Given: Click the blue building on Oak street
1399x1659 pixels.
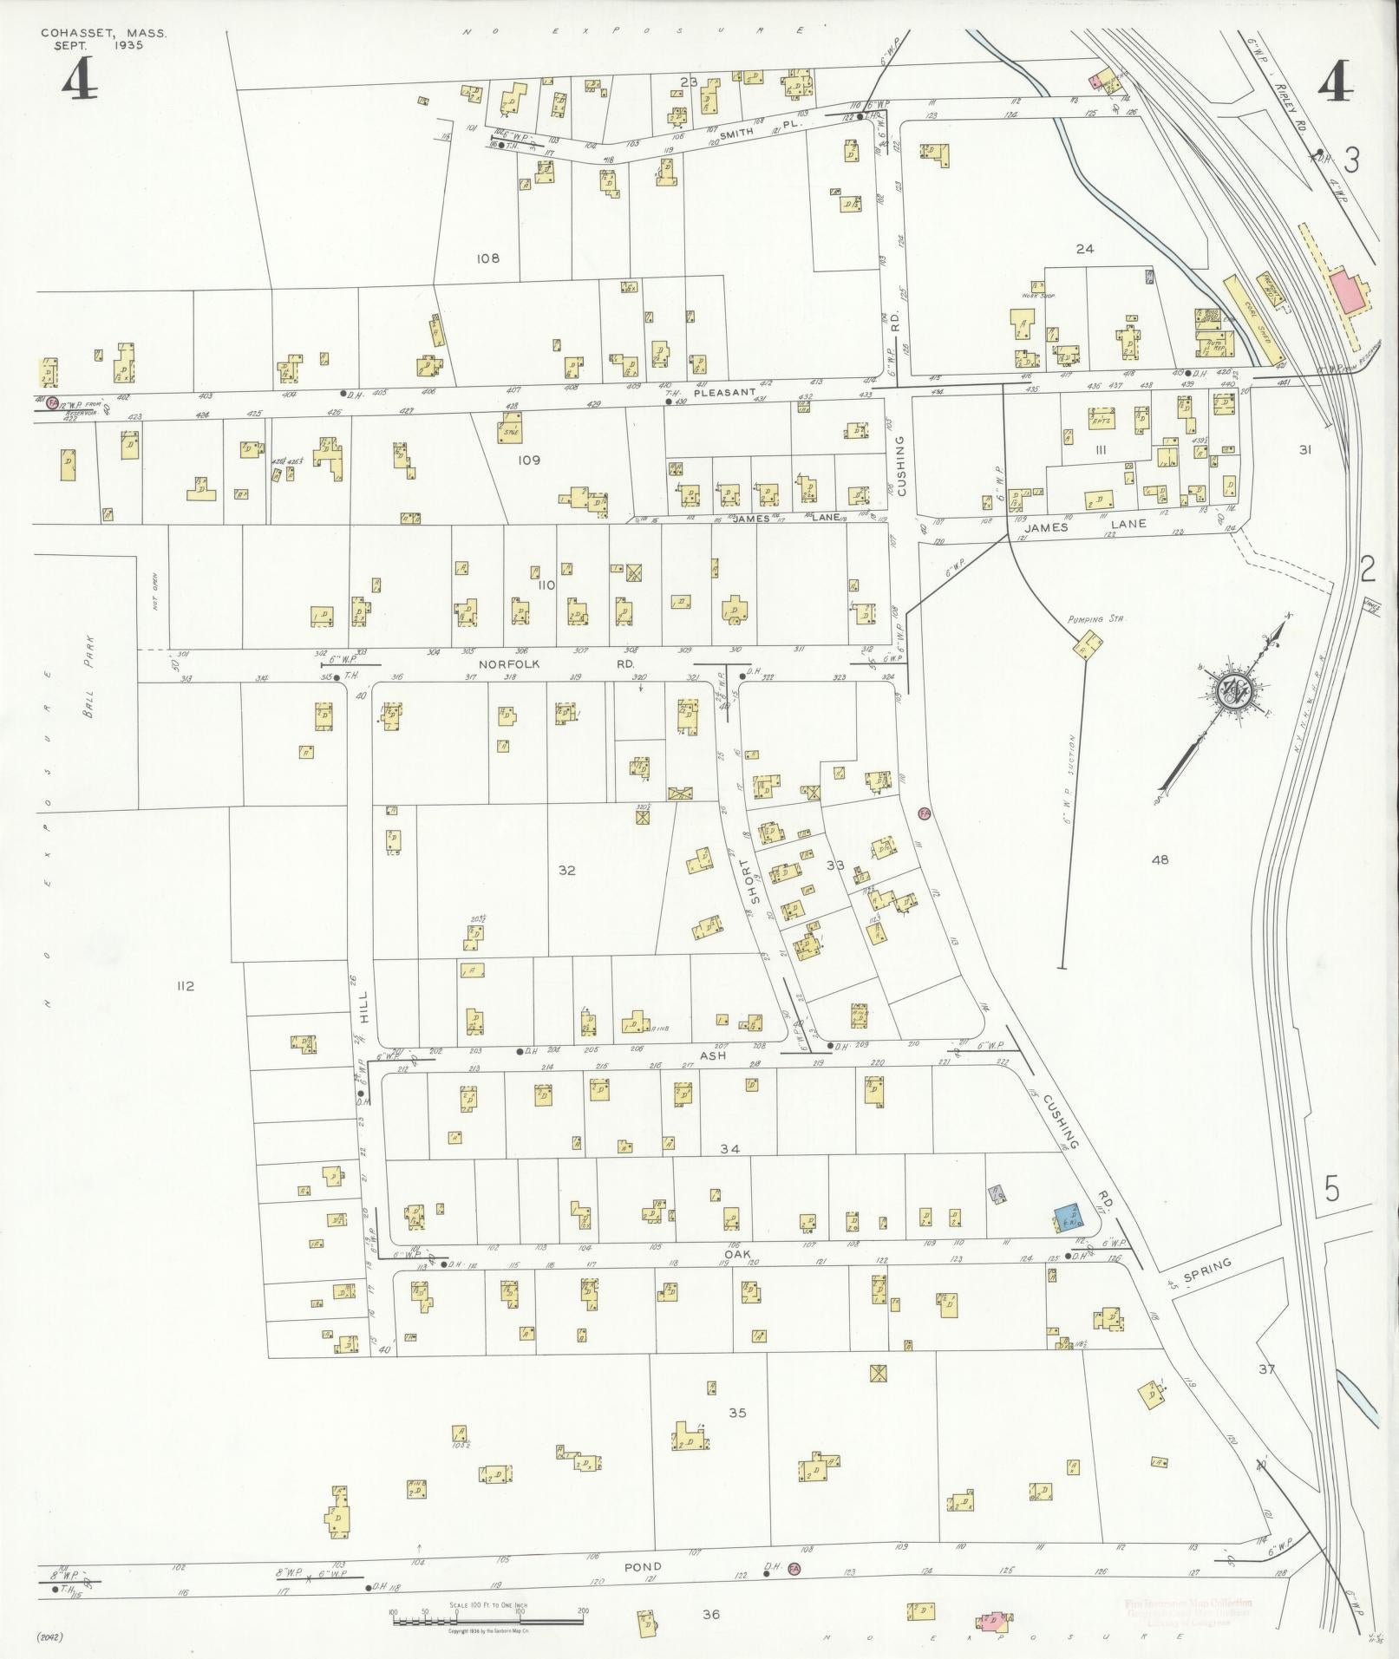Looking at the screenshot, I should [x=1067, y=1217].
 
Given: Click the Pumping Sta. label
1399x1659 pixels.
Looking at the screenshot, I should [x=1085, y=619].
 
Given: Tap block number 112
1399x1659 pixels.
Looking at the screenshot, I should [x=184, y=986].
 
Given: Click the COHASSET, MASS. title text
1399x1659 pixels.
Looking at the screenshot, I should [x=103, y=34].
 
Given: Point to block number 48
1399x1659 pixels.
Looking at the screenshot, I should [x=1159, y=859].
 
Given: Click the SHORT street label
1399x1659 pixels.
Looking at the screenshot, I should [x=755, y=881].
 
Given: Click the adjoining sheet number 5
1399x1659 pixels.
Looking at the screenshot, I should [x=1331, y=1189].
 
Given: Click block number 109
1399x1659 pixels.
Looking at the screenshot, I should [x=528, y=460].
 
